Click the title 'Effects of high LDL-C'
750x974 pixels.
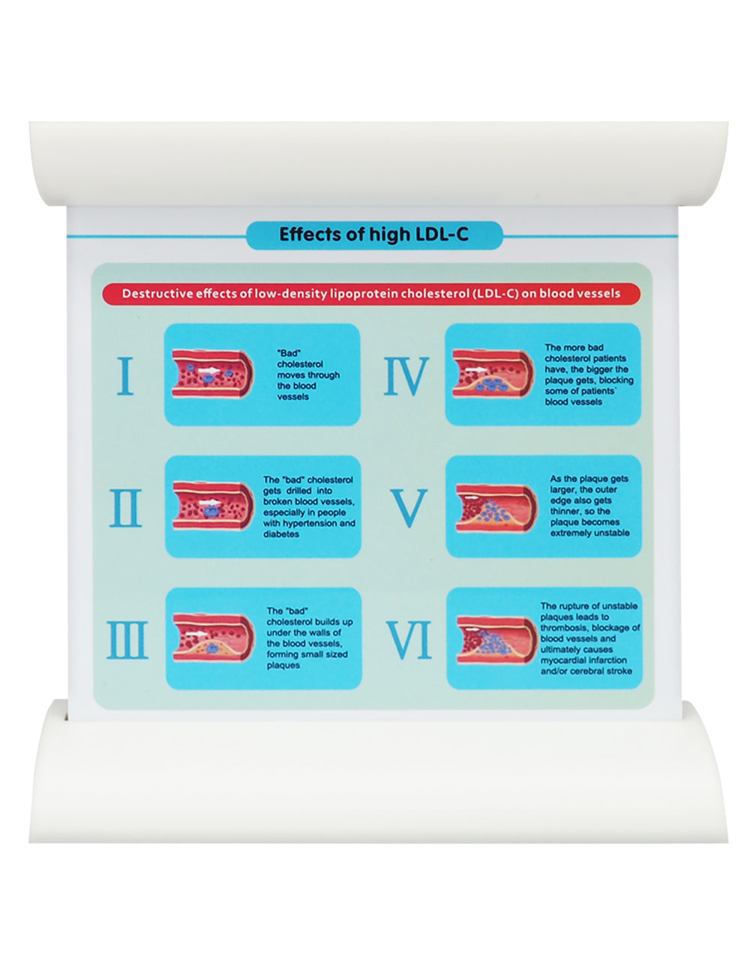(373, 235)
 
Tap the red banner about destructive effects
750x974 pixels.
(370, 294)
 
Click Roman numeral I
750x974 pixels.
(125, 375)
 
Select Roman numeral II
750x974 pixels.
(125, 508)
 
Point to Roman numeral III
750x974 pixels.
(127, 640)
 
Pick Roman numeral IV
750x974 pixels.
(406, 376)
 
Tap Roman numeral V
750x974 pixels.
(408, 508)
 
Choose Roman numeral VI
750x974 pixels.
(409, 640)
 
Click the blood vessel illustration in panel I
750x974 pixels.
(212, 373)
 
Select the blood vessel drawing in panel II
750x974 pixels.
(213, 506)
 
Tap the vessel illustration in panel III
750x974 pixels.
(214, 638)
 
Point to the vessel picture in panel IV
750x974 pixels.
(493, 373)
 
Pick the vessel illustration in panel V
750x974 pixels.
(496, 508)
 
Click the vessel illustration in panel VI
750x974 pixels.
(496, 640)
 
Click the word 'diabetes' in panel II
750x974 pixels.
(280, 534)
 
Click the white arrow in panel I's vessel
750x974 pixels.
(209, 371)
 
